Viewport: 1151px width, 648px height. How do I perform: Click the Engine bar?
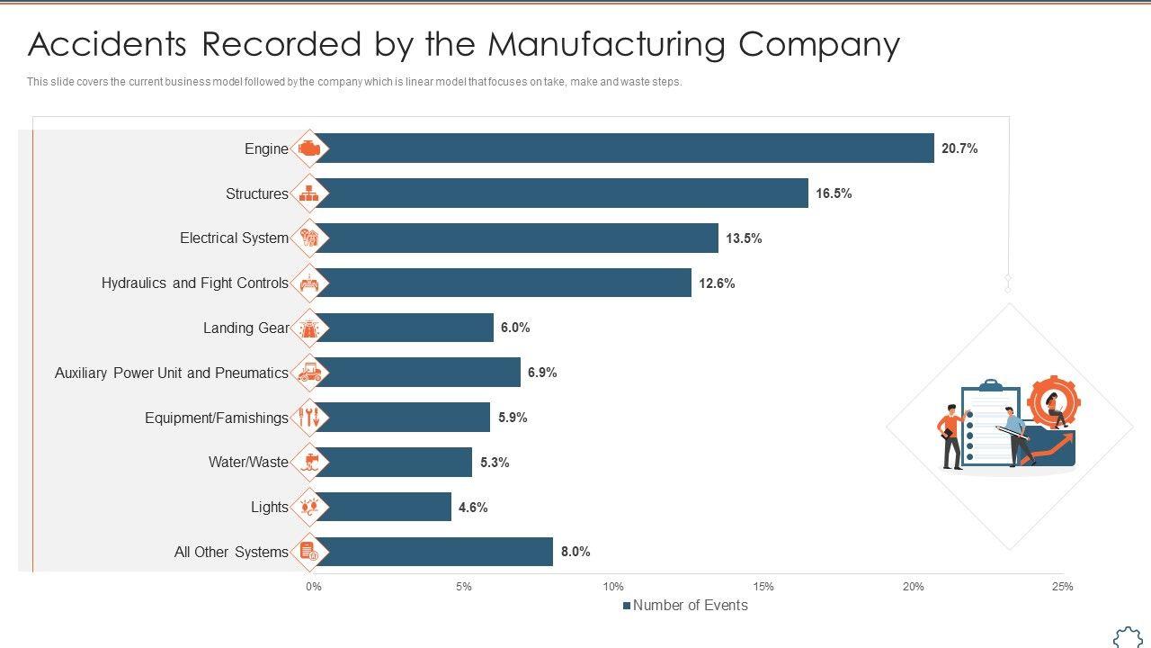pyautogui.click(x=623, y=148)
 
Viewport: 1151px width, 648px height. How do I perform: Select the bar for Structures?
pyautogui.click(x=560, y=193)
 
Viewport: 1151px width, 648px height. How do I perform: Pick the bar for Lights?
pyautogui.click(x=382, y=507)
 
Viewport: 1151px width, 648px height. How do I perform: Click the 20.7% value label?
pyautogui.click(x=959, y=148)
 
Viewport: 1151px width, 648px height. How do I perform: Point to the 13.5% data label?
pyautogui.click(x=744, y=238)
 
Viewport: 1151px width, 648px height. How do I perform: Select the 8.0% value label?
pyautogui.click(x=575, y=552)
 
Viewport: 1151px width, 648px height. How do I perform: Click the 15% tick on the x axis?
pyautogui.click(x=763, y=587)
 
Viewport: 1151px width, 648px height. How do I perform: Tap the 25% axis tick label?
pyautogui.click(x=1062, y=587)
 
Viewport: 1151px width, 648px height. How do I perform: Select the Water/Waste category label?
pyautogui.click(x=248, y=463)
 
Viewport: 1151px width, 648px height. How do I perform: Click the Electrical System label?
pyautogui.click(x=234, y=238)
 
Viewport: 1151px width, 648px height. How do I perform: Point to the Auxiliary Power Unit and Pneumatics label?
pyautogui.click(x=172, y=373)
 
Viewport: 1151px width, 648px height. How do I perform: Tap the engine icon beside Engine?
pyautogui.click(x=309, y=148)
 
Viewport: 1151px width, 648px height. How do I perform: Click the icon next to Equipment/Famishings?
pyautogui.click(x=309, y=417)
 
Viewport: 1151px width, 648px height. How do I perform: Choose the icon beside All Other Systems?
pyautogui.click(x=309, y=552)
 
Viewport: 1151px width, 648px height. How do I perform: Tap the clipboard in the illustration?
pyautogui.click(x=989, y=423)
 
